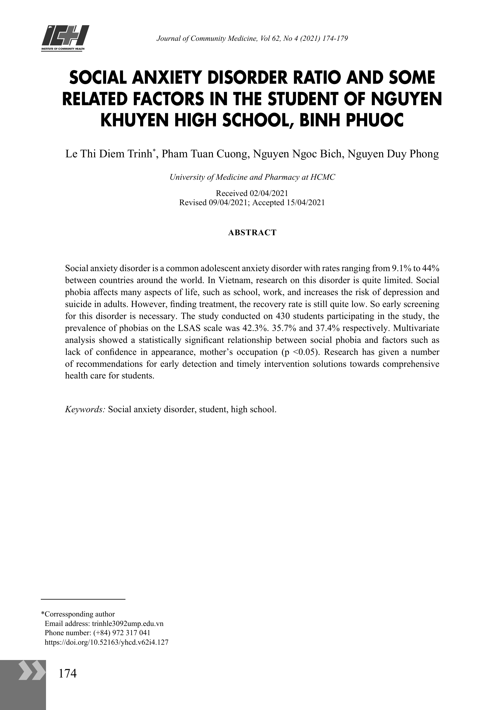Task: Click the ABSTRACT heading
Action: [252, 232]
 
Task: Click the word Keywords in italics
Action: [85, 409]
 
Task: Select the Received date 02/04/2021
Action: [269, 193]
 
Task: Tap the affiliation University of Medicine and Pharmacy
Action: [252, 177]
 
